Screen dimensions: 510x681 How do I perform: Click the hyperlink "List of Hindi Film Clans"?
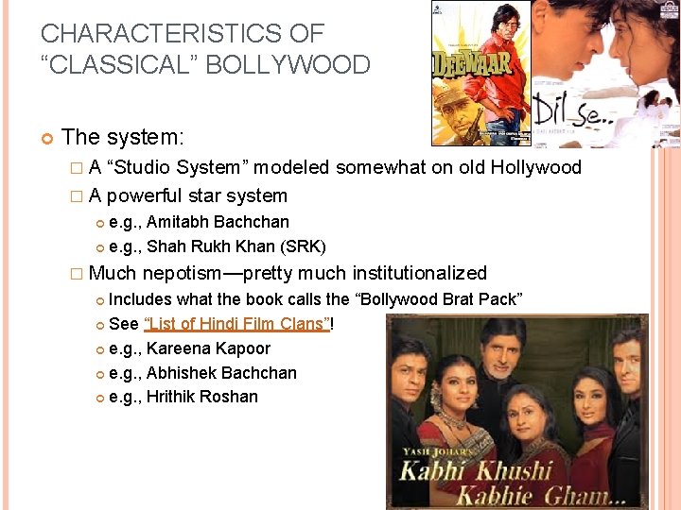pyautogui.click(x=236, y=324)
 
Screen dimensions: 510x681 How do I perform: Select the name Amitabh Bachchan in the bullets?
pyautogui.click(x=218, y=222)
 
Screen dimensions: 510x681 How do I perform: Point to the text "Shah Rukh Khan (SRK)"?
pyautogui.click(x=236, y=246)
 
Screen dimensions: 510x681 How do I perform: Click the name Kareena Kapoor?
pyautogui.click(x=208, y=348)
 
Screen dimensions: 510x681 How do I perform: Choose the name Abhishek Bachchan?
pyautogui.click(x=221, y=373)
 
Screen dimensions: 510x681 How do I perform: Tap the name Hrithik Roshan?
pyautogui.click(x=202, y=397)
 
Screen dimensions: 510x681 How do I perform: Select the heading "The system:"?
pyautogui.click(x=123, y=138)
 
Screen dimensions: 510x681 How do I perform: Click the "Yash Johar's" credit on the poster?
pyautogui.click(x=432, y=452)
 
